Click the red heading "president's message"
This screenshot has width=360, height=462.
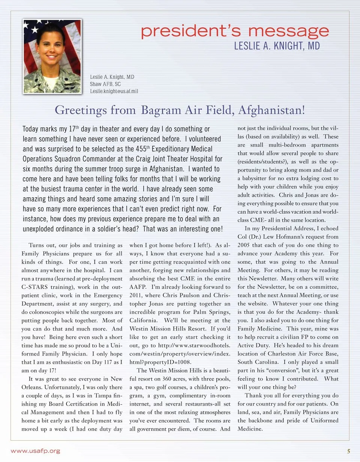point(235,31)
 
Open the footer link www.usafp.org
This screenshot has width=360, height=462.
point(35,451)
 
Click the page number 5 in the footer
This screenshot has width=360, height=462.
point(348,451)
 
